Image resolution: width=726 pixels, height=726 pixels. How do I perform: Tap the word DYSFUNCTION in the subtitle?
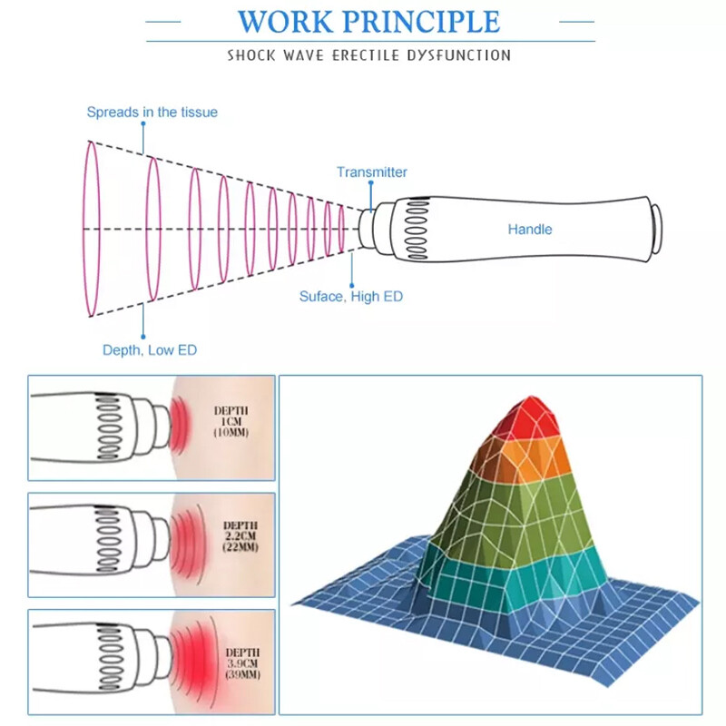coord(461,55)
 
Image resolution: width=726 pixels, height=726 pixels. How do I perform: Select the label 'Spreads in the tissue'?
coord(152,113)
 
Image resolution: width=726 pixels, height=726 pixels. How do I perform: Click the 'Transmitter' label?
coord(371,172)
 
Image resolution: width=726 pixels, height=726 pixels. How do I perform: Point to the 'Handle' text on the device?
coord(529,230)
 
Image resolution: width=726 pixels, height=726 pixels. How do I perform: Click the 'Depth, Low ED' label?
coord(149,350)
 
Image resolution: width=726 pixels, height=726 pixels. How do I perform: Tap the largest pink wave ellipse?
coord(91,229)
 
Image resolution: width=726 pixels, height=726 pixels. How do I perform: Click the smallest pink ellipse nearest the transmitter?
coord(341,230)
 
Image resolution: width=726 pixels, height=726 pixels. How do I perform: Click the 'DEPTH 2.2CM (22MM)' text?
coord(240,537)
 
